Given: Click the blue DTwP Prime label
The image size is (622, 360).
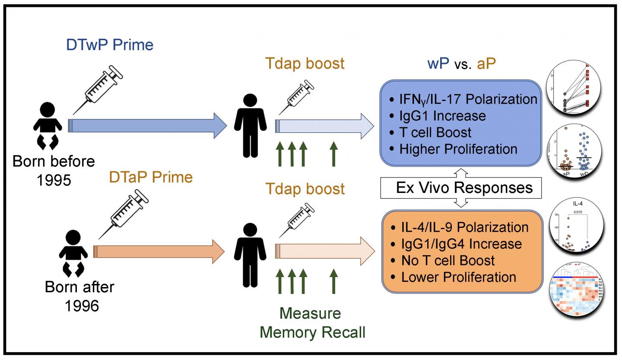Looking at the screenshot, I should click(x=110, y=45).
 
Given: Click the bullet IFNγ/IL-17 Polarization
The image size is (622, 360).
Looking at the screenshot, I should click(x=463, y=99).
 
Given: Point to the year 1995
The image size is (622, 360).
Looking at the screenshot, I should click(x=54, y=180).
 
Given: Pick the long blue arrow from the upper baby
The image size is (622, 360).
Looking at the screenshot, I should click(x=147, y=125).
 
